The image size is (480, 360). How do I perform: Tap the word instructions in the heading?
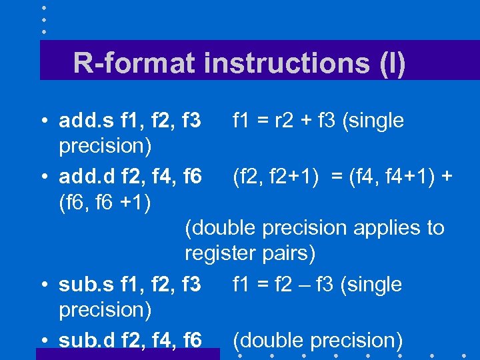click(x=287, y=63)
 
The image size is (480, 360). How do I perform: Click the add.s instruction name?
click(x=87, y=121)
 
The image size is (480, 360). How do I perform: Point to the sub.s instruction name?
click(x=87, y=285)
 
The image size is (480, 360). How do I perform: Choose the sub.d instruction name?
click(x=87, y=340)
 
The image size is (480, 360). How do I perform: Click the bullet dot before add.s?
click(x=43, y=122)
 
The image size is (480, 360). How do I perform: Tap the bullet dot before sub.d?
click(x=43, y=341)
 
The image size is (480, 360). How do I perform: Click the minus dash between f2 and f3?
click(x=302, y=285)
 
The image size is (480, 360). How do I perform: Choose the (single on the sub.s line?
click(x=371, y=285)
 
